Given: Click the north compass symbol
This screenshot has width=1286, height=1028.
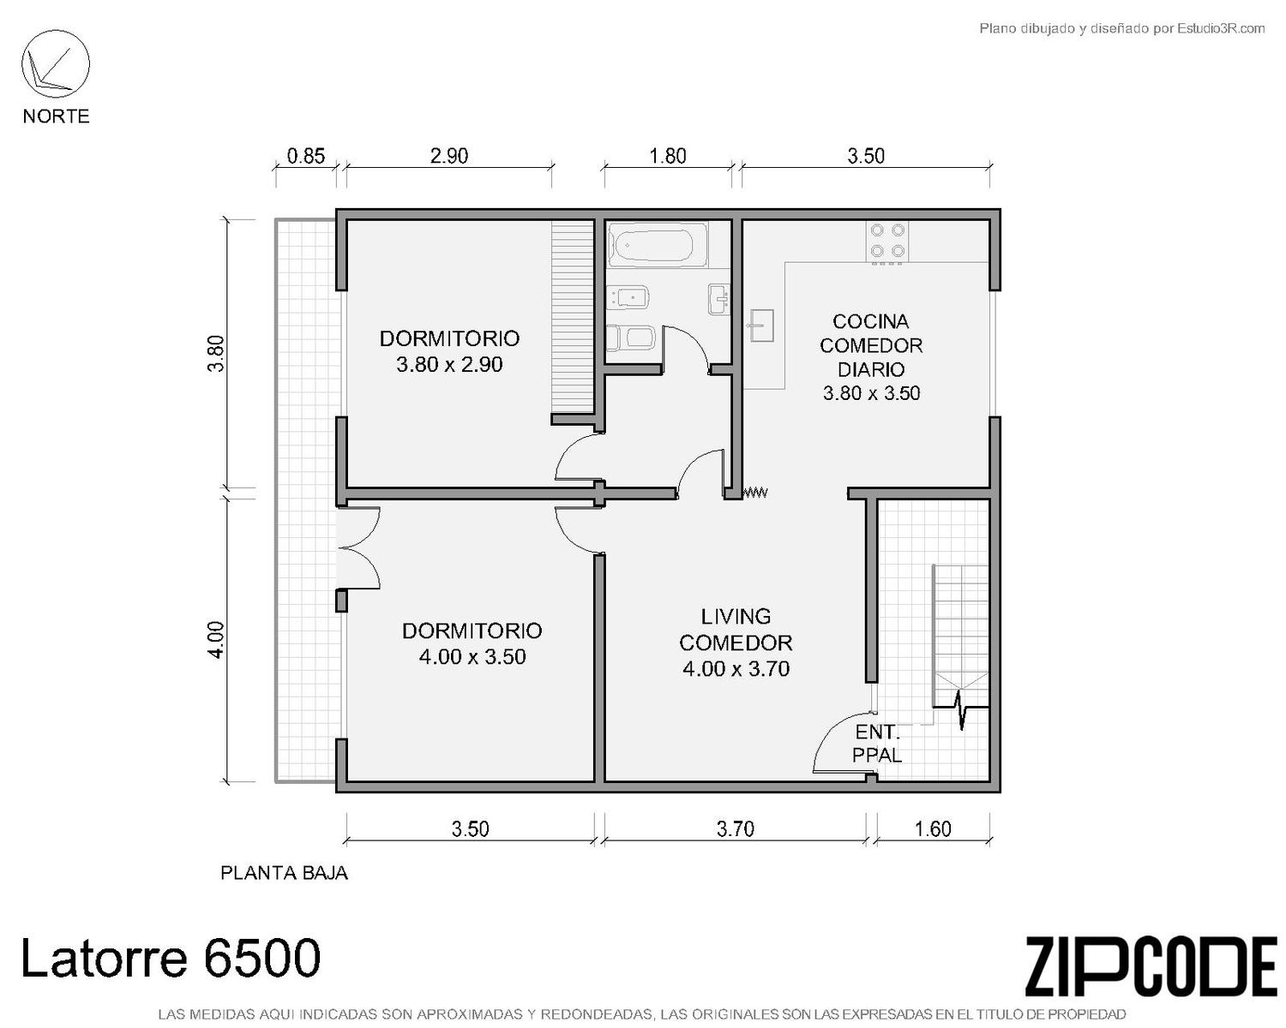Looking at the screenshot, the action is pyautogui.click(x=56, y=64).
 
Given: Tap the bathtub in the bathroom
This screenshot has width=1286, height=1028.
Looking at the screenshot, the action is pyautogui.click(x=658, y=244).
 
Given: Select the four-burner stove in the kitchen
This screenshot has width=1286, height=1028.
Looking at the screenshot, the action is pyautogui.click(x=886, y=242).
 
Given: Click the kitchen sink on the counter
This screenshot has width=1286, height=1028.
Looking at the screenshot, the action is pyautogui.click(x=761, y=325).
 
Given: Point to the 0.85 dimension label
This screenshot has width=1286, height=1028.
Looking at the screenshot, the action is pyautogui.click(x=306, y=157).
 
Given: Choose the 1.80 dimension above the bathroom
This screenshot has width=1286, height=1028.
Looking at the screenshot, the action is pyautogui.click(x=668, y=157).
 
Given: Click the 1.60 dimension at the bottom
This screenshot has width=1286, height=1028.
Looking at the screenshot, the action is pyautogui.click(x=933, y=829).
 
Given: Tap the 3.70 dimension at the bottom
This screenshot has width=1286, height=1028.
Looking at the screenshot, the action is pyautogui.click(x=735, y=829).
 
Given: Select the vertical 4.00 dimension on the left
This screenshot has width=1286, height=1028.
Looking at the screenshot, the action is pyautogui.click(x=218, y=640).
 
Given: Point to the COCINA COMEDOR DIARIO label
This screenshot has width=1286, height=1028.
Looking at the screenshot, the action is pyautogui.click(x=871, y=345).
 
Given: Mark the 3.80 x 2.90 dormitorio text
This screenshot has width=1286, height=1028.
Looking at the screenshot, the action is pyautogui.click(x=449, y=364).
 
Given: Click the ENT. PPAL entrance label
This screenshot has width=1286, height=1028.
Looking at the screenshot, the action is pyautogui.click(x=877, y=743).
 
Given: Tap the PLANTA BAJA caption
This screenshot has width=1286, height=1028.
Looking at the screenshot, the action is pyautogui.click(x=284, y=873).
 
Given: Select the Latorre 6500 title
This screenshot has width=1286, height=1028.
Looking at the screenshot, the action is pyautogui.click(x=171, y=958).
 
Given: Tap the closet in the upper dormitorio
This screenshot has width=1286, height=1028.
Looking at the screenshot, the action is pyautogui.click(x=572, y=317).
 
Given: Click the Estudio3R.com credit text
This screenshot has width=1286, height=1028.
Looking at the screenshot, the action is pyautogui.click(x=1121, y=28).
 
